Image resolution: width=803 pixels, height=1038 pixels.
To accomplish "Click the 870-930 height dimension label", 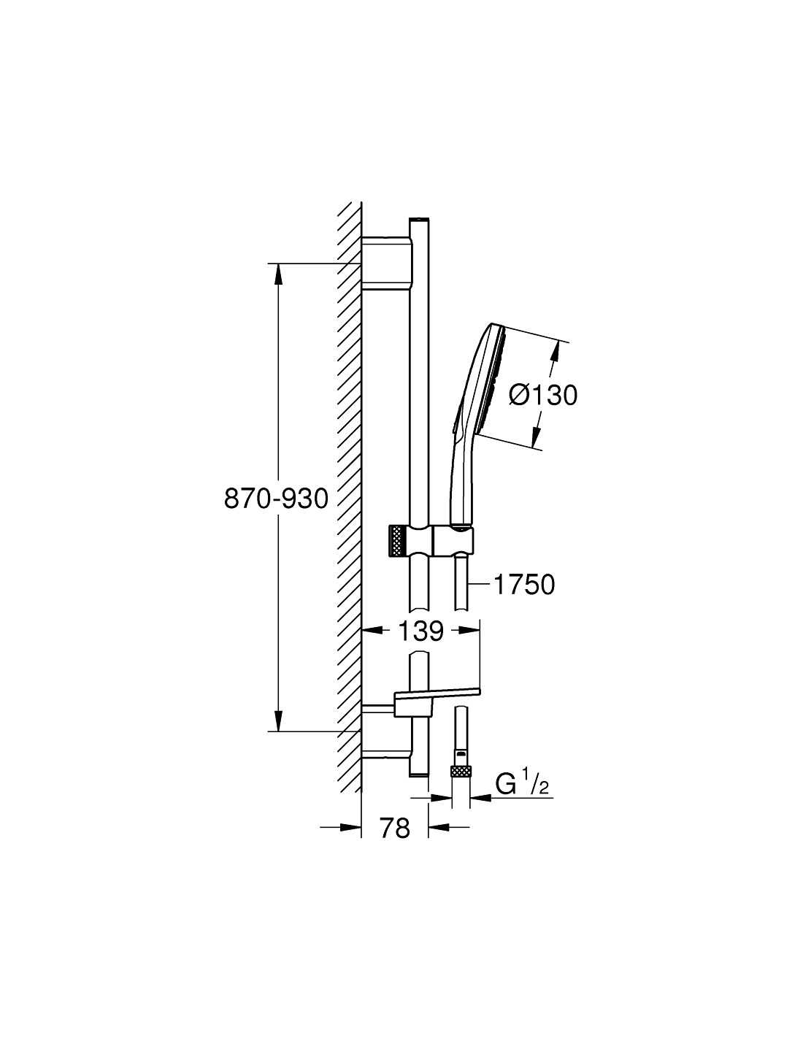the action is coord(276,499).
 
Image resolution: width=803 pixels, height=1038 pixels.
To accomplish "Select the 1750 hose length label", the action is coord(524,584).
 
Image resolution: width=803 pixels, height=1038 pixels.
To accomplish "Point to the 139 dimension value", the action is coord(421,631).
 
